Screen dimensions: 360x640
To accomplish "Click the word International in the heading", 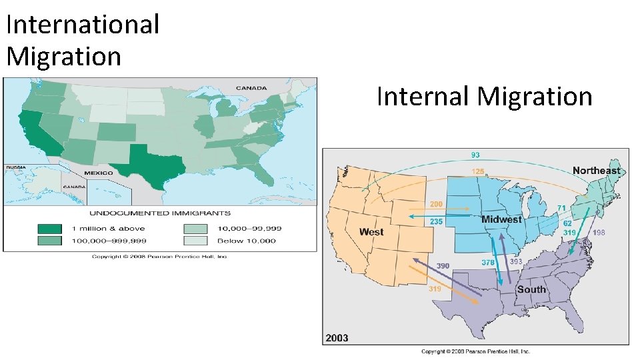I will click(x=83, y=25).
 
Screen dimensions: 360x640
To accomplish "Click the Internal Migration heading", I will click(x=484, y=96).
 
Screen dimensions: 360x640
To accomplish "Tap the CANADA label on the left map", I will click(x=251, y=87).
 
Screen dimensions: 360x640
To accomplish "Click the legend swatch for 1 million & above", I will click(x=50, y=228).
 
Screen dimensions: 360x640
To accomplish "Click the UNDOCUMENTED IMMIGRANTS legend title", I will click(x=160, y=213).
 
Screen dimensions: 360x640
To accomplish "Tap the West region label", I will click(x=371, y=232).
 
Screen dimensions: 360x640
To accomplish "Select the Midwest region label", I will click(x=501, y=219).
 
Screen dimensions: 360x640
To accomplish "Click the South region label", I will click(x=531, y=289).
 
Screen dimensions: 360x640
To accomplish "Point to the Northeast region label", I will click(x=596, y=171).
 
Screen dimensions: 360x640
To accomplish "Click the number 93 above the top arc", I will click(x=475, y=155).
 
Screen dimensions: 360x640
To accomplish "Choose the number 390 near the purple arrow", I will click(x=443, y=266).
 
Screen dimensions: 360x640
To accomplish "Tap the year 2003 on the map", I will click(x=337, y=338).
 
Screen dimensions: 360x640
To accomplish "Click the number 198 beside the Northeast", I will click(x=599, y=233).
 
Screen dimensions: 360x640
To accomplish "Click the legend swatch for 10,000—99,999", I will click(x=195, y=228).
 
